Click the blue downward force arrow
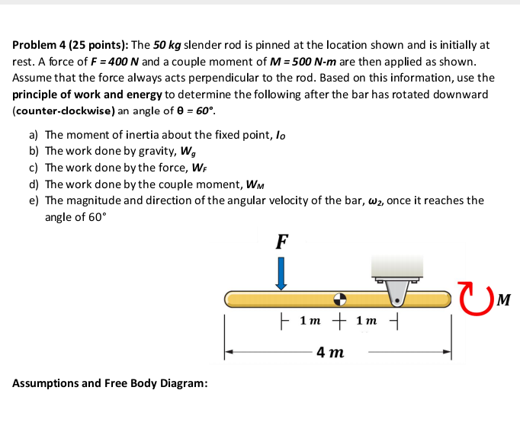[281, 273]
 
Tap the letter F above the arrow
[281, 242]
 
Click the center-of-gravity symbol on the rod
[341, 298]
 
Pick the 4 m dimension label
[330, 352]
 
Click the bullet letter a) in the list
[34, 135]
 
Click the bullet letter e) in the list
[34, 200]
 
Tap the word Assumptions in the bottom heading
[44, 382]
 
